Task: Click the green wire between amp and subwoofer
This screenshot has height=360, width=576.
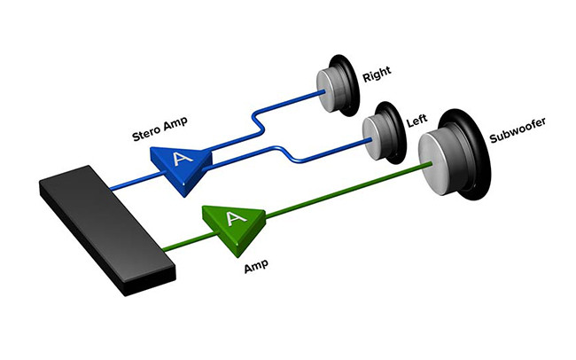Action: [337, 192]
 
